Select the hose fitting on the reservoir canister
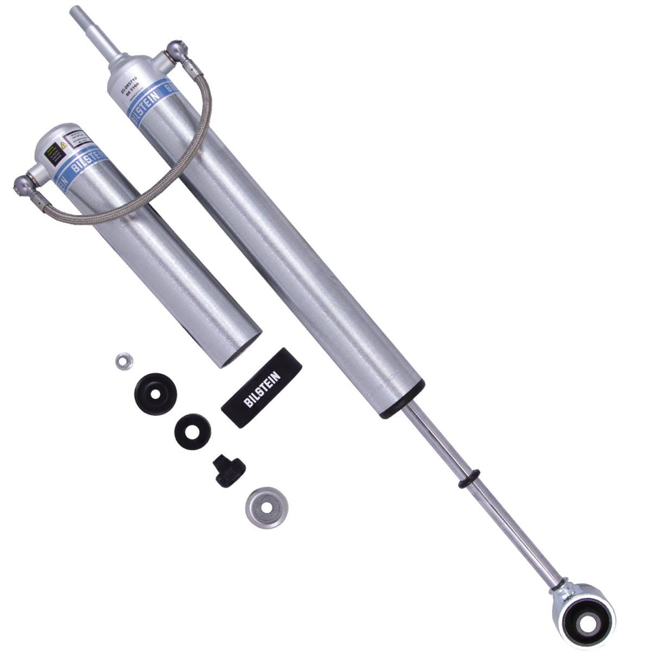[x=24, y=184]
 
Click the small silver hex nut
[x=122, y=361]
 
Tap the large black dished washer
[x=155, y=393]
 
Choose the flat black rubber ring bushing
[x=193, y=431]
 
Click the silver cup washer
[x=265, y=506]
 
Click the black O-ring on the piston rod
[x=469, y=479]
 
